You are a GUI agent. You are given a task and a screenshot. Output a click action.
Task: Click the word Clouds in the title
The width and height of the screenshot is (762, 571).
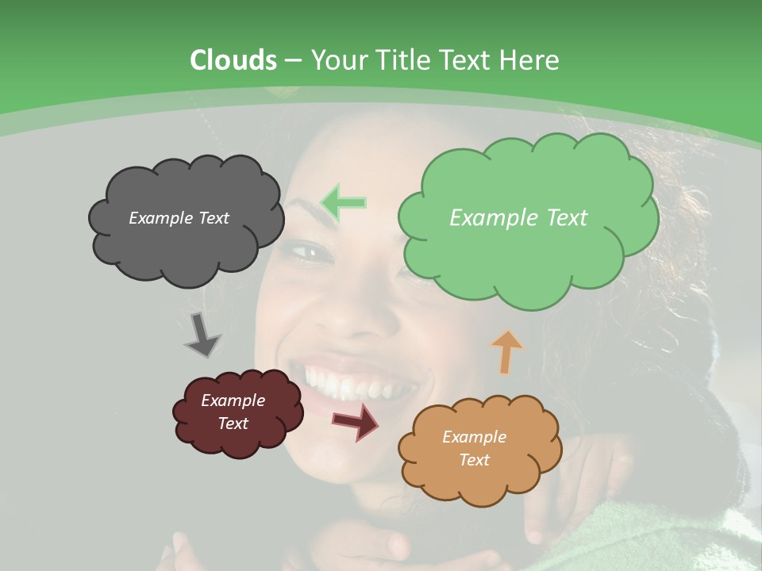click(x=233, y=60)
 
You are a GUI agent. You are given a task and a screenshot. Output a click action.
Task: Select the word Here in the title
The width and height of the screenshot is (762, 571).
click(x=529, y=60)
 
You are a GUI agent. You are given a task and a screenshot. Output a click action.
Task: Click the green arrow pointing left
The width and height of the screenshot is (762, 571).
click(x=343, y=201)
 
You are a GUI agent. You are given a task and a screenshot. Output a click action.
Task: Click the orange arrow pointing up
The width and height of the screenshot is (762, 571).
click(x=506, y=351)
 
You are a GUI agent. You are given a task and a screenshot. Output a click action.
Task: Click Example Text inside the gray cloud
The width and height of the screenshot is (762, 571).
click(x=179, y=218)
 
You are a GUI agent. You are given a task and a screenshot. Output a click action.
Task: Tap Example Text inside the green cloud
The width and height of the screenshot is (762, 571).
click(x=518, y=218)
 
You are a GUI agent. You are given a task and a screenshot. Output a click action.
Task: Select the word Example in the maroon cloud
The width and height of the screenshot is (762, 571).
click(x=233, y=400)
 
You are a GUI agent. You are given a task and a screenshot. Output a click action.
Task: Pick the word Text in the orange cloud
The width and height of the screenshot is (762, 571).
click(x=474, y=460)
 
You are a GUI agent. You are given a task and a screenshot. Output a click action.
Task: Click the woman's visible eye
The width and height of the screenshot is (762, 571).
click(x=311, y=252)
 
